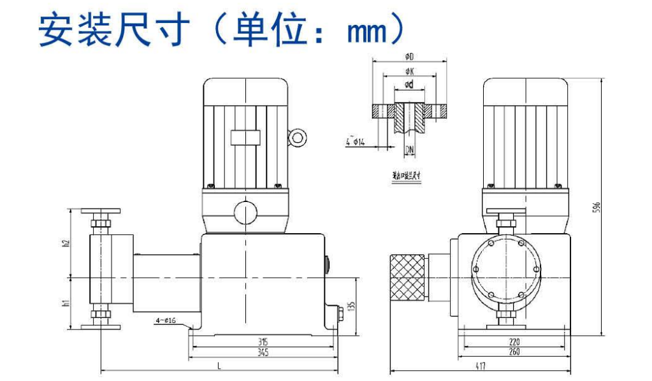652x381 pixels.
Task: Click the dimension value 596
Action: click(597, 208)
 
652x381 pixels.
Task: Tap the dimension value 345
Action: click(263, 352)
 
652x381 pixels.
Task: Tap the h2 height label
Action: click(66, 244)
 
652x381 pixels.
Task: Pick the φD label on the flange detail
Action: click(409, 57)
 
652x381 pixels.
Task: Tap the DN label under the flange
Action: click(410, 150)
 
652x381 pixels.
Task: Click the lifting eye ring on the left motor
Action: click(297, 137)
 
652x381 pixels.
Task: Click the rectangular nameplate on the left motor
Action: click(245, 138)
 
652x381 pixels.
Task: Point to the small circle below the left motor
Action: click(245, 212)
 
